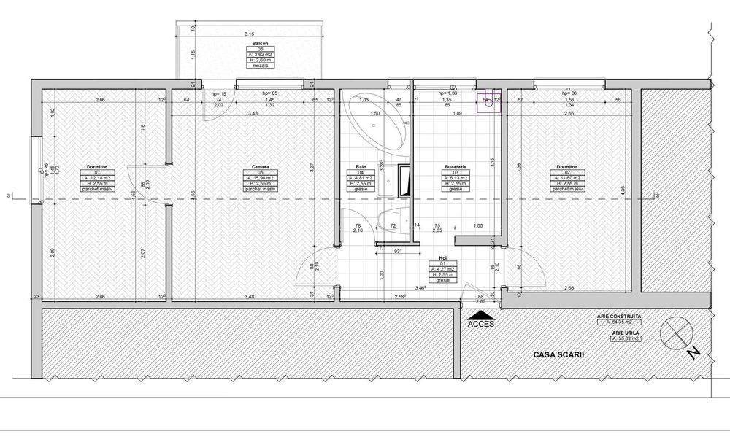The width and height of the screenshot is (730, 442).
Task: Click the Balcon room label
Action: (x=250, y=43)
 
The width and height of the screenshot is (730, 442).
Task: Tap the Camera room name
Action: (x=251, y=167)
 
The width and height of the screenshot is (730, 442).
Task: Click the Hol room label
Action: (x=442, y=258)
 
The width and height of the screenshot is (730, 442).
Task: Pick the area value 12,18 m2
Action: (x=97, y=178)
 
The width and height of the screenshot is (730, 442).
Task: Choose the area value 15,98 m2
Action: (x=251, y=178)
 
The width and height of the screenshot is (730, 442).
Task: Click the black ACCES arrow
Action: (x=480, y=314)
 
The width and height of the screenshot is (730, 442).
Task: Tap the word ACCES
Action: (x=480, y=325)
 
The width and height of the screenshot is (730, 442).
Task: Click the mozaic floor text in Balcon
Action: (x=250, y=66)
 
